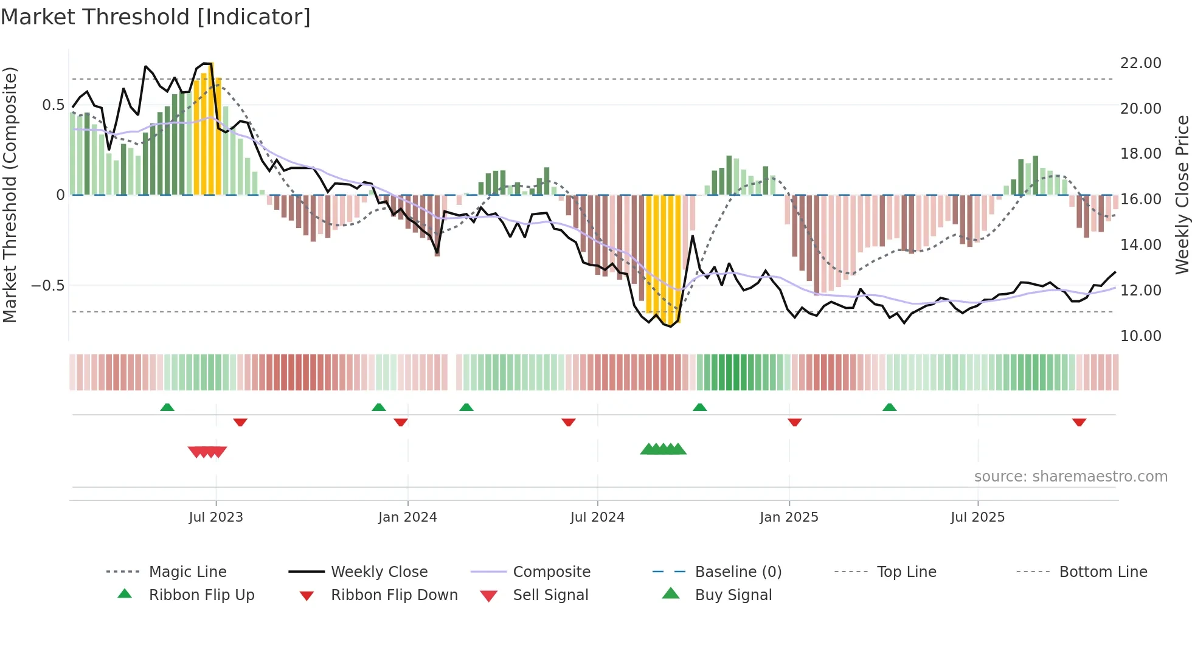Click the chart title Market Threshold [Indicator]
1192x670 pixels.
coord(156,17)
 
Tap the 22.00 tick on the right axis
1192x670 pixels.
coord(1140,63)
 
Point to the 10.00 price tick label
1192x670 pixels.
coord(1140,336)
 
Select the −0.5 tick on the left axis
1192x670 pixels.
coord(48,286)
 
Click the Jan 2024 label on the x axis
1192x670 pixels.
coord(407,517)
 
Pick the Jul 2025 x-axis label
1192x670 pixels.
coord(977,517)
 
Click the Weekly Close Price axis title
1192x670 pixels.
coord(1182,195)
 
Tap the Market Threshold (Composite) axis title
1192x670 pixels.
coord(10,195)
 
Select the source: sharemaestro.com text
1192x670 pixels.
coord(1070,477)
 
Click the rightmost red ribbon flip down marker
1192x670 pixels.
coord(1079,422)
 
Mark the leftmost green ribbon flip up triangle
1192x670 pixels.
coord(167,407)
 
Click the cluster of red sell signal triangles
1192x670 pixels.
coord(207,452)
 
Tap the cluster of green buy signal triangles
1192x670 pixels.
coord(663,449)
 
